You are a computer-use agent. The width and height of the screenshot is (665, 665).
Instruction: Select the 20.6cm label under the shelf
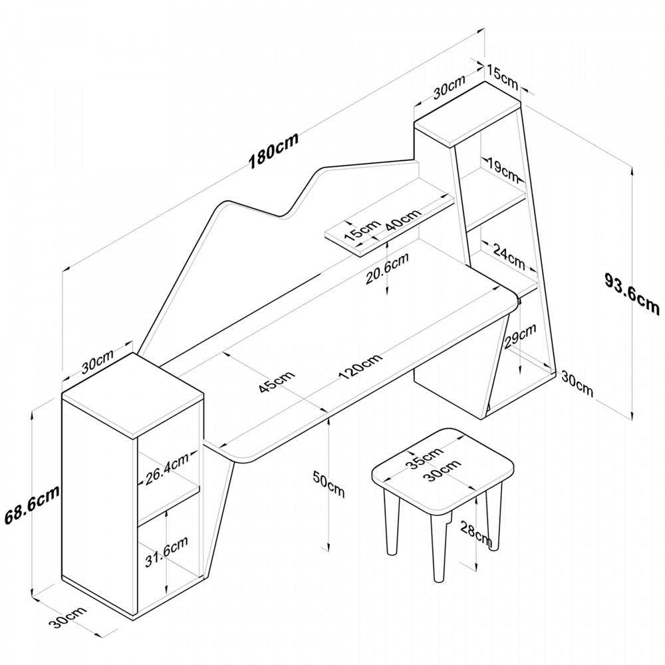pyautogui.click(x=386, y=270)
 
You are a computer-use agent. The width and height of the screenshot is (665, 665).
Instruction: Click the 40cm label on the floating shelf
pyautogui.click(x=403, y=220)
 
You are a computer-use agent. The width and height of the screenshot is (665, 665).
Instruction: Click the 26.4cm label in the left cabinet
pyautogui.click(x=166, y=469)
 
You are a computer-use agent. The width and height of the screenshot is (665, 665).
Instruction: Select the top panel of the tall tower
pyautogui.click(x=468, y=114)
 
